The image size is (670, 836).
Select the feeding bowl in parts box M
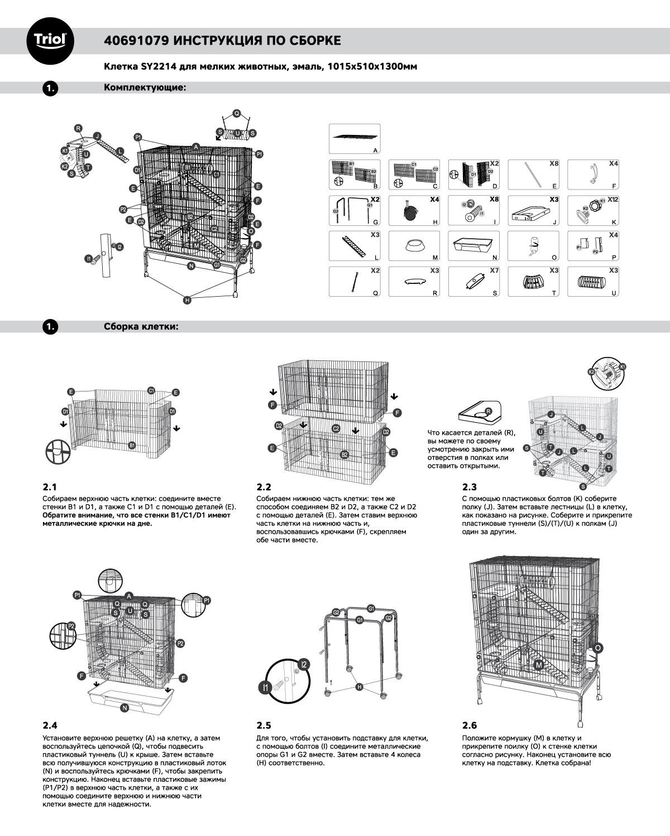tap(413, 246)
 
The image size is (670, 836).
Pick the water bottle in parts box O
tap(533, 246)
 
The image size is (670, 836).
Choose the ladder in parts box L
tap(354, 246)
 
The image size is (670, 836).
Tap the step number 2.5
tap(264, 725)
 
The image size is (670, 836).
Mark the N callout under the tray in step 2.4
tap(125, 708)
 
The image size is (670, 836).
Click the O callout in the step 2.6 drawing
tap(598, 648)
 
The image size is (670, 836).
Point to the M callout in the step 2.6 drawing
tap(538, 665)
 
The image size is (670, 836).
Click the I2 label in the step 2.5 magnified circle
tap(304, 664)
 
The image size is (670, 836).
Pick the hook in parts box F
tap(592, 174)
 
